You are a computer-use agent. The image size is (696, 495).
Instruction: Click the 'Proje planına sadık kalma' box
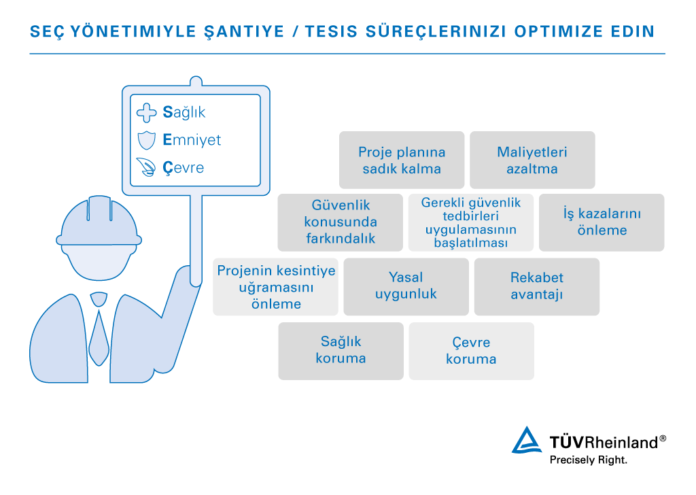point(402,160)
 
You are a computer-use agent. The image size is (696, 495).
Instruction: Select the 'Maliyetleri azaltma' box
point(532,160)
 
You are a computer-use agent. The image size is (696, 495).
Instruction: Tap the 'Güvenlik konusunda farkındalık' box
point(341,222)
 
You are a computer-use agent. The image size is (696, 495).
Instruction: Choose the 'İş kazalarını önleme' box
point(602,222)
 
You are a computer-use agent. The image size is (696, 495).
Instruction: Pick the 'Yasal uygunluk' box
point(406,287)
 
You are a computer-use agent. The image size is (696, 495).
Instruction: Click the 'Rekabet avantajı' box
point(537,287)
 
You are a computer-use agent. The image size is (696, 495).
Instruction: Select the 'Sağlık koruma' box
point(341,351)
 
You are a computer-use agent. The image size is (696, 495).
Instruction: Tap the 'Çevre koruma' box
point(472,351)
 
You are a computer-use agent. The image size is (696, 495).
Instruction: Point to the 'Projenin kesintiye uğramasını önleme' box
point(276,287)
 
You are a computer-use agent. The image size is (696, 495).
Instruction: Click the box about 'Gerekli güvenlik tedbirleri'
point(471,222)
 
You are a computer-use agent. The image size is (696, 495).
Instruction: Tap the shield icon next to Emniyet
point(147,140)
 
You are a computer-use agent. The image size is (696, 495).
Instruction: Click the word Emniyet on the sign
point(192,140)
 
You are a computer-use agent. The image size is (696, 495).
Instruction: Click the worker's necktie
point(99,328)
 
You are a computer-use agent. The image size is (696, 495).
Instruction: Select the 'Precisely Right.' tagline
point(589,460)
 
